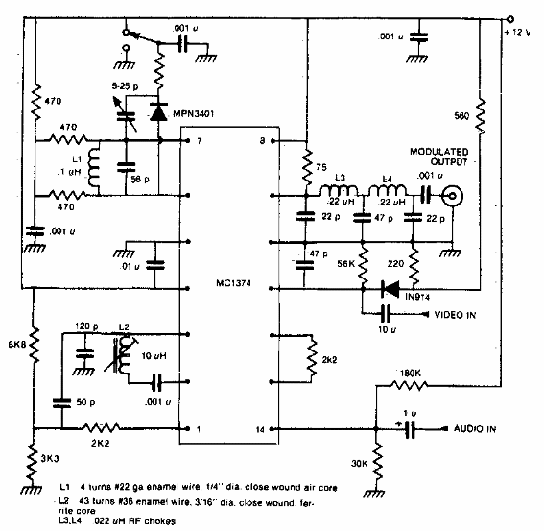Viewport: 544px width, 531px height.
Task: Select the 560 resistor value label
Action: coord(461,116)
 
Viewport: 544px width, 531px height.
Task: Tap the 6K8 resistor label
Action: coord(15,341)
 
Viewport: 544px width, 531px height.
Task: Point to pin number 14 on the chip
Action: coord(261,428)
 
